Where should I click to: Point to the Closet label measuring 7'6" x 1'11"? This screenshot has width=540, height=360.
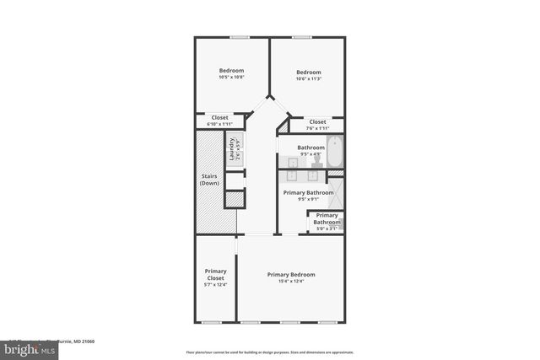coord(317,122)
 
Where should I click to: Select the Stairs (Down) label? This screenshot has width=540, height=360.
coord(209,180)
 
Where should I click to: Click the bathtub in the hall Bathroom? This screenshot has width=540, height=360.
coord(335,152)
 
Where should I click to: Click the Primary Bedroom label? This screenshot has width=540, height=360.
coord(291,275)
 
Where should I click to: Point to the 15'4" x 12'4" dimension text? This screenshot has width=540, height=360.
coord(291,282)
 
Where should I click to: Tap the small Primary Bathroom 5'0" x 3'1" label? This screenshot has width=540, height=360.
coord(327,222)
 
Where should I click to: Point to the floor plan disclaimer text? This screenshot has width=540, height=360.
coord(270,352)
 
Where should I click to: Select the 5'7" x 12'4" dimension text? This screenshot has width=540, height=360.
coord(215,285)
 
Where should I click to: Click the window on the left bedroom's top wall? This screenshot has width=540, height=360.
coord(239,37)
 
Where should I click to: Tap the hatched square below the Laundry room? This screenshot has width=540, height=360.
coord(234,200)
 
